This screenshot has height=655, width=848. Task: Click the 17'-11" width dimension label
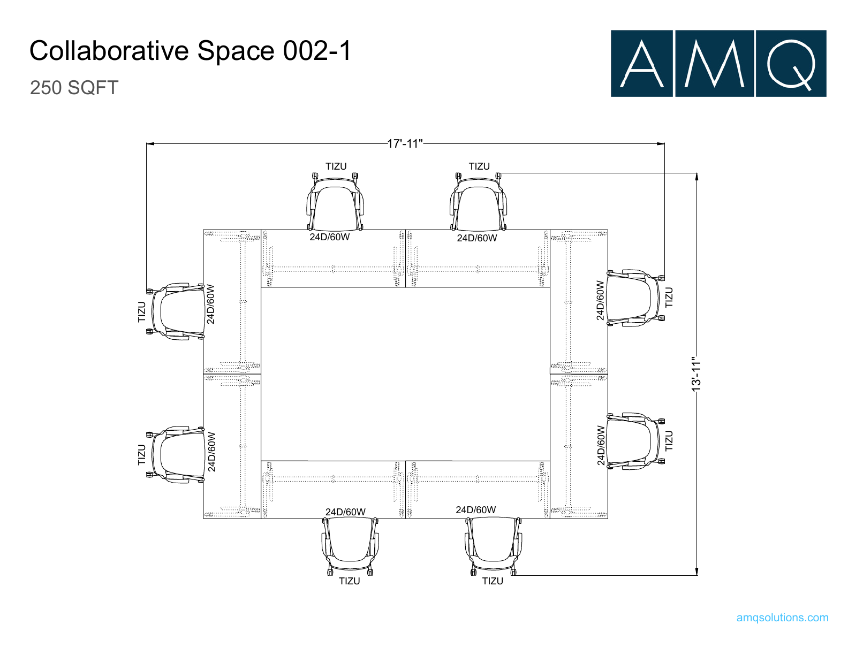point(405,143)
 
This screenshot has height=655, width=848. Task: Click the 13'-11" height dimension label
point(696,374)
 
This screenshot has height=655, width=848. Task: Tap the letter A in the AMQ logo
point(641,64)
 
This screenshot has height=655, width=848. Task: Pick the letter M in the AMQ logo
point(715,64)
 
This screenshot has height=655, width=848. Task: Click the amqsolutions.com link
point(783,618)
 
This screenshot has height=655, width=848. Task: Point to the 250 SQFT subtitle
point(74,87)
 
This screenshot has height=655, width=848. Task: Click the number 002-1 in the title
point(317,50)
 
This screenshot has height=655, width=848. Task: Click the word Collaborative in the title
point(109,50)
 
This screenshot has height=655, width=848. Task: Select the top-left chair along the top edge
point(335,202)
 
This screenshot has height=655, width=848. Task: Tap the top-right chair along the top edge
point(479,202)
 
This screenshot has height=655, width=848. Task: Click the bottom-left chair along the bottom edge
point(350,546)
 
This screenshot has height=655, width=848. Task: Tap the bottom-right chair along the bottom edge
point(493,546)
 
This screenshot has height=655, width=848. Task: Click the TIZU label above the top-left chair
point(336,166)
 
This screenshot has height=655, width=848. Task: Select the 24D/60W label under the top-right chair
point(477,238)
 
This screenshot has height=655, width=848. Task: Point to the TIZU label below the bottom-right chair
point(493,581)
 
